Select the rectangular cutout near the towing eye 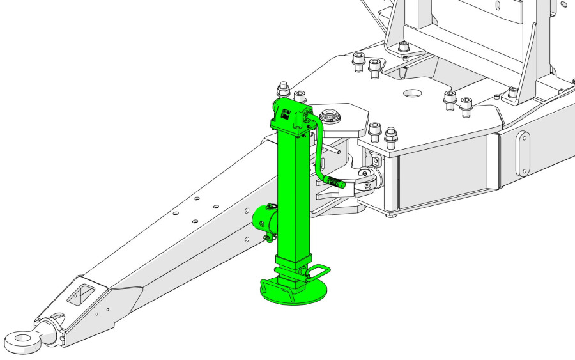(x=80, y=295)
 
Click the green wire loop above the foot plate (x=319, y=270)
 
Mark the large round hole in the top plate (x=412, y=93)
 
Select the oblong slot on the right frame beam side (x=523, y=153)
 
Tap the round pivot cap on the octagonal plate (x=330, y=116)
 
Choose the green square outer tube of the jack (x=293, y=192)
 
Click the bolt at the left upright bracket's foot (x=402, y=47)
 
